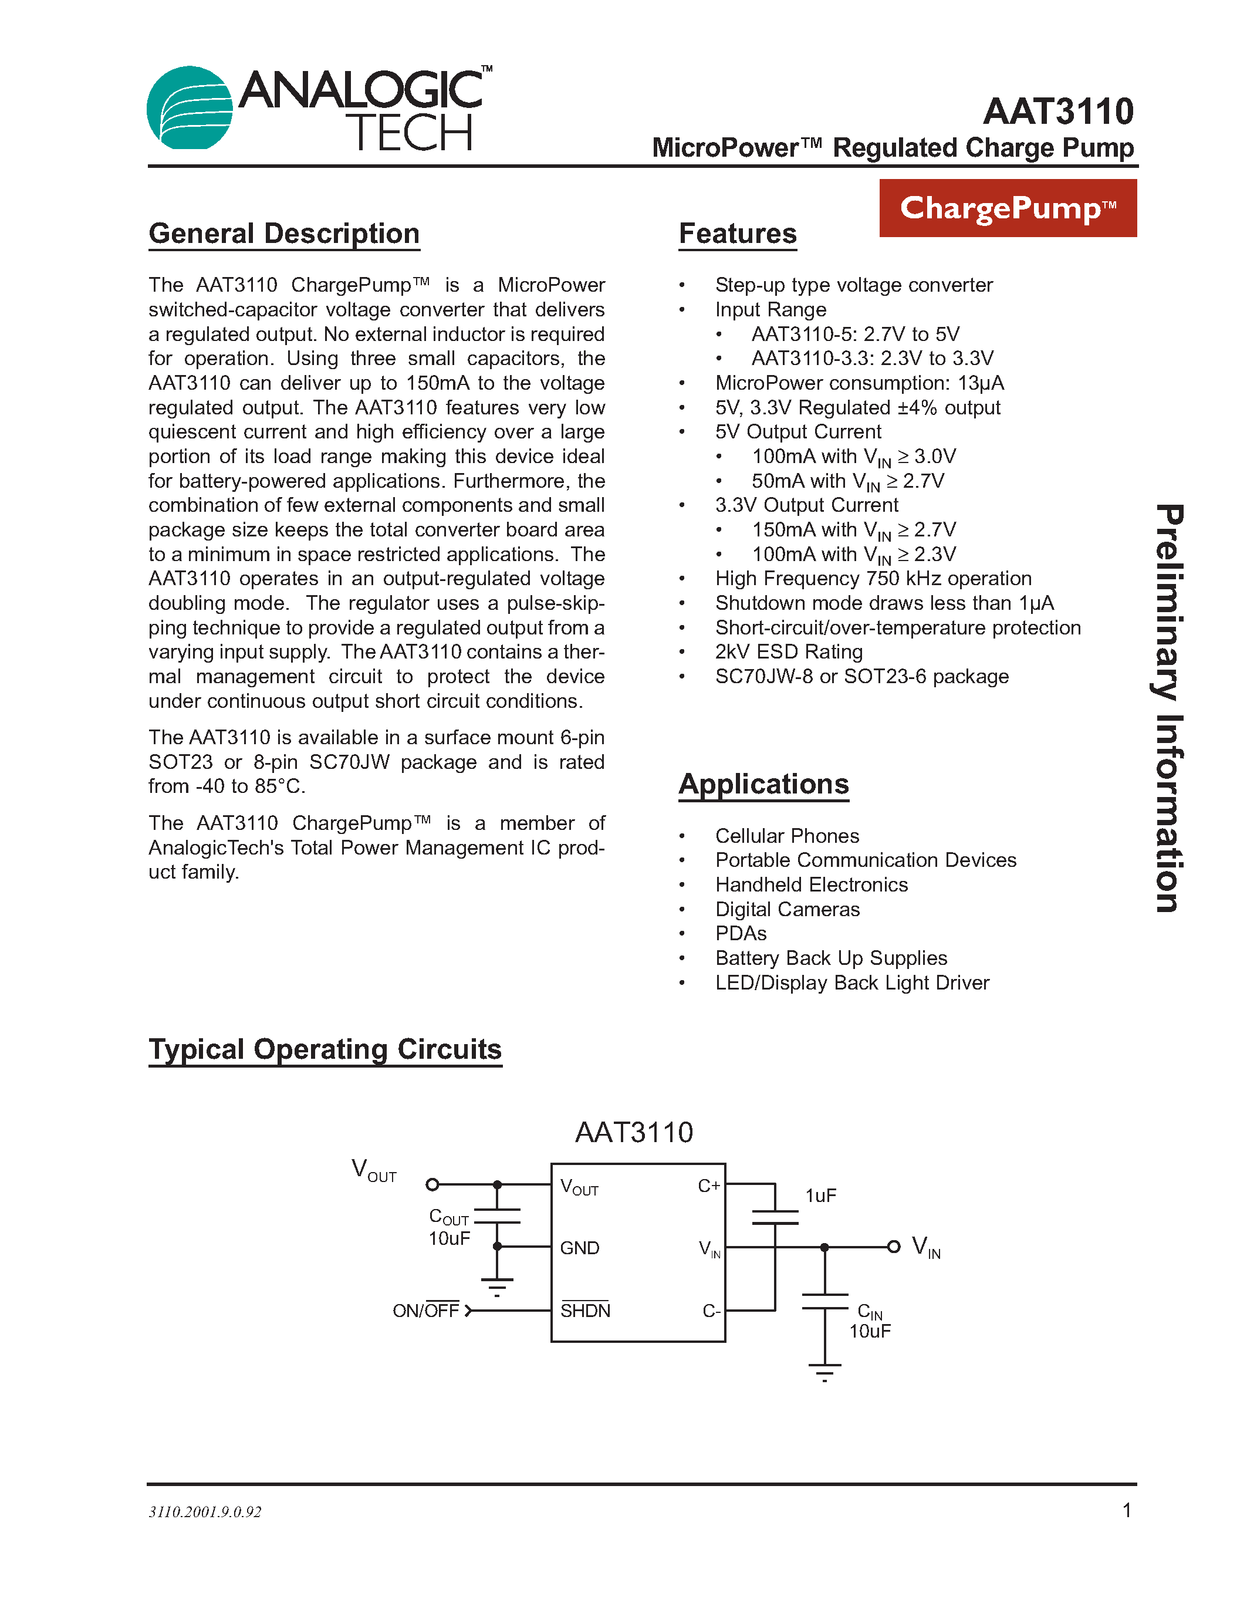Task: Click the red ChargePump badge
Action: pyautogui.click(x=1007, y=208)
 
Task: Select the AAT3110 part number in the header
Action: pyautogui.click(x=1058, y=112)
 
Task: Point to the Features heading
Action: pyautogui.click(x=737, y=234)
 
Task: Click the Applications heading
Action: pyautogui.click(x=763, y=784)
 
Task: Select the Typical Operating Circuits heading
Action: pyautogui.click(x=325, y=1049)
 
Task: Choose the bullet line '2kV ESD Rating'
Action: pyautogui.click(x=788, y=652)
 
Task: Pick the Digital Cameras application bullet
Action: pyautogui.click(x=787, y=909)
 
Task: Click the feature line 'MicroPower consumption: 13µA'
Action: pyautogui.click(x=859, y=383)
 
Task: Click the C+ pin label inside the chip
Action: pyautogui.click(x=708, y=1186)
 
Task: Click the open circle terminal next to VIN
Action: pyautogui.click(x=893, y=1247)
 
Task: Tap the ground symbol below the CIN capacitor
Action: pyautogui.click(x=824, y=1372)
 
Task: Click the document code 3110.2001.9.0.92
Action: pyautogui.click(x=205, y=1512)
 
